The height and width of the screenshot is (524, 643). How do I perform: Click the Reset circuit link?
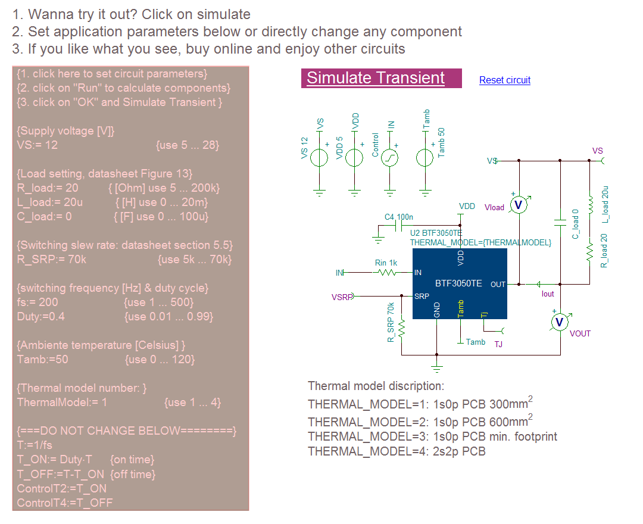pyautogui.click(x=504, y=80)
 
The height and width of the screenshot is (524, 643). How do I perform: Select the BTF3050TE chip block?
pyautogui.click(x=459, y=284)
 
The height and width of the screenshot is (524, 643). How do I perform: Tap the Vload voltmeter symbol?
pyautogui.click(x=519, y=205)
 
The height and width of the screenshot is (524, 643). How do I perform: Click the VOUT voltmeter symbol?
pyautogui.click(x=560, y=322)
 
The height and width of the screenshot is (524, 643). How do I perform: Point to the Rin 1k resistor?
pyautogui.click(x=387, y=273)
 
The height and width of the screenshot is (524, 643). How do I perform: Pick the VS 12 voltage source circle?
pyautogui.click(x=320, y=158)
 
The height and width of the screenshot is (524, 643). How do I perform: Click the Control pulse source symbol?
pyautogui.click(x=390, y=158)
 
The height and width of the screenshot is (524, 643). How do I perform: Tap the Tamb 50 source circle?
pyautogui.click(x=425, y=158)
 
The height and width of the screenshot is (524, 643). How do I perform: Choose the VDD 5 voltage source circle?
pyautogui.click(x=355, y=158)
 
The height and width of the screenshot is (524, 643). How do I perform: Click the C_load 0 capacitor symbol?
pyautogui.click(x=560, y=222)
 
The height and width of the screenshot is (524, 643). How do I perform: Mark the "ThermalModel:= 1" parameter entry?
pyautogui.click(x=62, y=402)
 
